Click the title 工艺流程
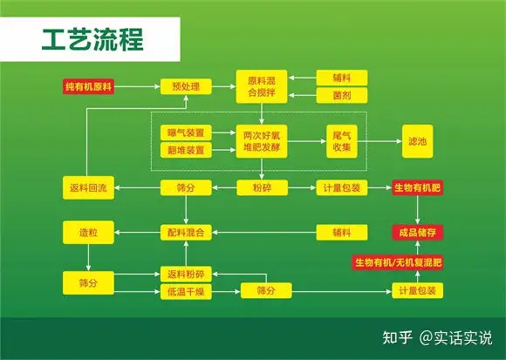tap(92, 39)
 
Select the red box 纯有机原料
tap(88, 86)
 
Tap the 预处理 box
tap(186, 86)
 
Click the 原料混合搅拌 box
tap(262, 86)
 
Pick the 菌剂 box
tap(342, 95)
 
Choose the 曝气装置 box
tap(186, 132)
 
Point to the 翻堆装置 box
tap(186, 150)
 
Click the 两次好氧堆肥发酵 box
tap(262, 141)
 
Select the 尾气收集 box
tap(342, 141)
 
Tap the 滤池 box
tap(417, 141)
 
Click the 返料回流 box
tap(88, 187)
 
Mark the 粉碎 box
tap(262, 187)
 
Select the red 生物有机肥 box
tap(417, 187)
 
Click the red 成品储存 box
tap(417, 233)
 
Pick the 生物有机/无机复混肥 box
tap(398, 262)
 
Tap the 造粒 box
tap(88, 233)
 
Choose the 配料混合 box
tap(186, 233)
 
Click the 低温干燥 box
tap(186, 292)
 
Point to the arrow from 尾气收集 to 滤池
tap(379, 141)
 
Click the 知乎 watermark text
tap(398, 337)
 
